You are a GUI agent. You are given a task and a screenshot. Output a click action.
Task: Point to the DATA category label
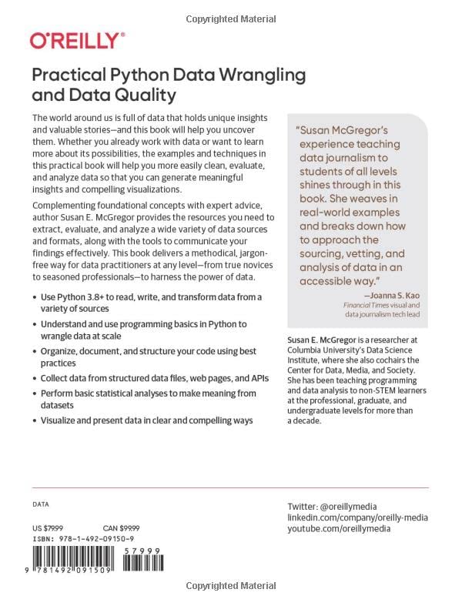coord(41,504)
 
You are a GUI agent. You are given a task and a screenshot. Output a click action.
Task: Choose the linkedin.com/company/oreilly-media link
coord(357,518)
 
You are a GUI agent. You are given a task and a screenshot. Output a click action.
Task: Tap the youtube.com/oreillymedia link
coord(340,531)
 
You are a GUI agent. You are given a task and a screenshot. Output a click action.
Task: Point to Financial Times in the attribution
coord(368,305)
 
